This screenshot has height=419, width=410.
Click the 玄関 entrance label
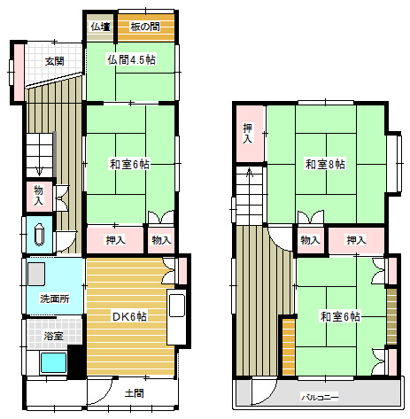55,61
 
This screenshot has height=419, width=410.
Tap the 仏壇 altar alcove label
101,27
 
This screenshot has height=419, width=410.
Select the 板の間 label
145,27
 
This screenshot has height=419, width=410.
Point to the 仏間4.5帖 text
131,59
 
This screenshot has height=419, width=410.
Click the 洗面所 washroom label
55,299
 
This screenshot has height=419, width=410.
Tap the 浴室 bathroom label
53,336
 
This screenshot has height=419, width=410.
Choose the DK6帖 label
129,316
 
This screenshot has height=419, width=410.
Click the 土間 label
135,393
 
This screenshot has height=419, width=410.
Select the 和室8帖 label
325,164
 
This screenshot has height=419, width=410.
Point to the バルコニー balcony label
320,397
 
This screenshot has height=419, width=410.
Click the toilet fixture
39,235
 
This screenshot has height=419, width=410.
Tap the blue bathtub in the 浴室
53,362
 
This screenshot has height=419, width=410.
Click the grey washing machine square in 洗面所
36,274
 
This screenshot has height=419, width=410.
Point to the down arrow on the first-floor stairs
39,171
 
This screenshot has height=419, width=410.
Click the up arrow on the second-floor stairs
250,172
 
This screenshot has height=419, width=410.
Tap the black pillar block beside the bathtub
76,362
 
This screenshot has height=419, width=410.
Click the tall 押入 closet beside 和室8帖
250,134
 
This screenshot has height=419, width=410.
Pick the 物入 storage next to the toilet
39,197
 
